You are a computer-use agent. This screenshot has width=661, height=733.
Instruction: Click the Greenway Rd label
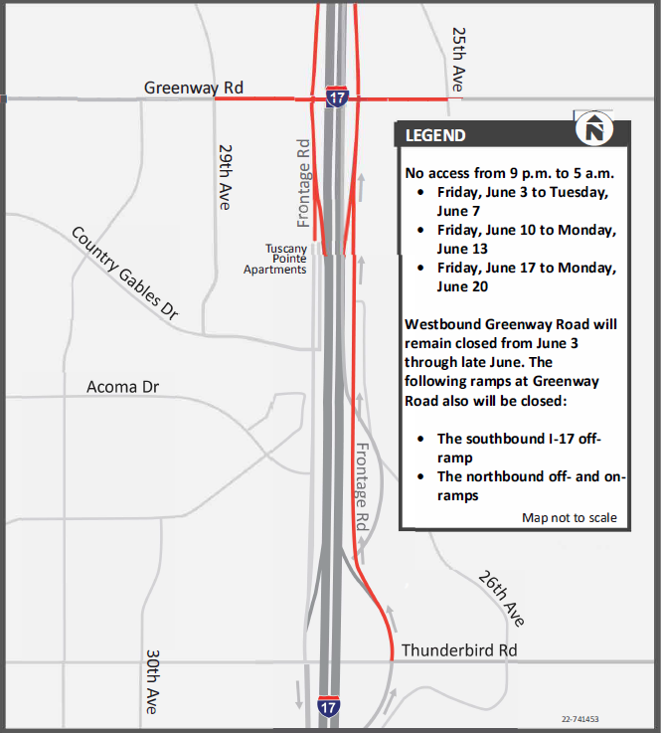193,88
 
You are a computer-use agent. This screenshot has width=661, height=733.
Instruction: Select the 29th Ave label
225,177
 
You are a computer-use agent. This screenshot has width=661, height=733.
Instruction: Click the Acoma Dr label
122,386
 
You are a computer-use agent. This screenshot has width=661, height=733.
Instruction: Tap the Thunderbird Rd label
459,650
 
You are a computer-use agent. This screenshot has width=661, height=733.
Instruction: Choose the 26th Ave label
500,598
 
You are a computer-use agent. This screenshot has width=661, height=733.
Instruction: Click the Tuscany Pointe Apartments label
276,259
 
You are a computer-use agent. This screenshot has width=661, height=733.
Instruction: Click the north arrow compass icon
594,129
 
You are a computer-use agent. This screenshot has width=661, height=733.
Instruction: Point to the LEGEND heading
435,135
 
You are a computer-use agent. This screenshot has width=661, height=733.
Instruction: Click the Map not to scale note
569,517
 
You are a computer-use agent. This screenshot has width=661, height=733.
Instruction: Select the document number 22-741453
584,717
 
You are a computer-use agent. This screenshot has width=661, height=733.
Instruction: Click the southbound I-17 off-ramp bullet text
519,448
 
